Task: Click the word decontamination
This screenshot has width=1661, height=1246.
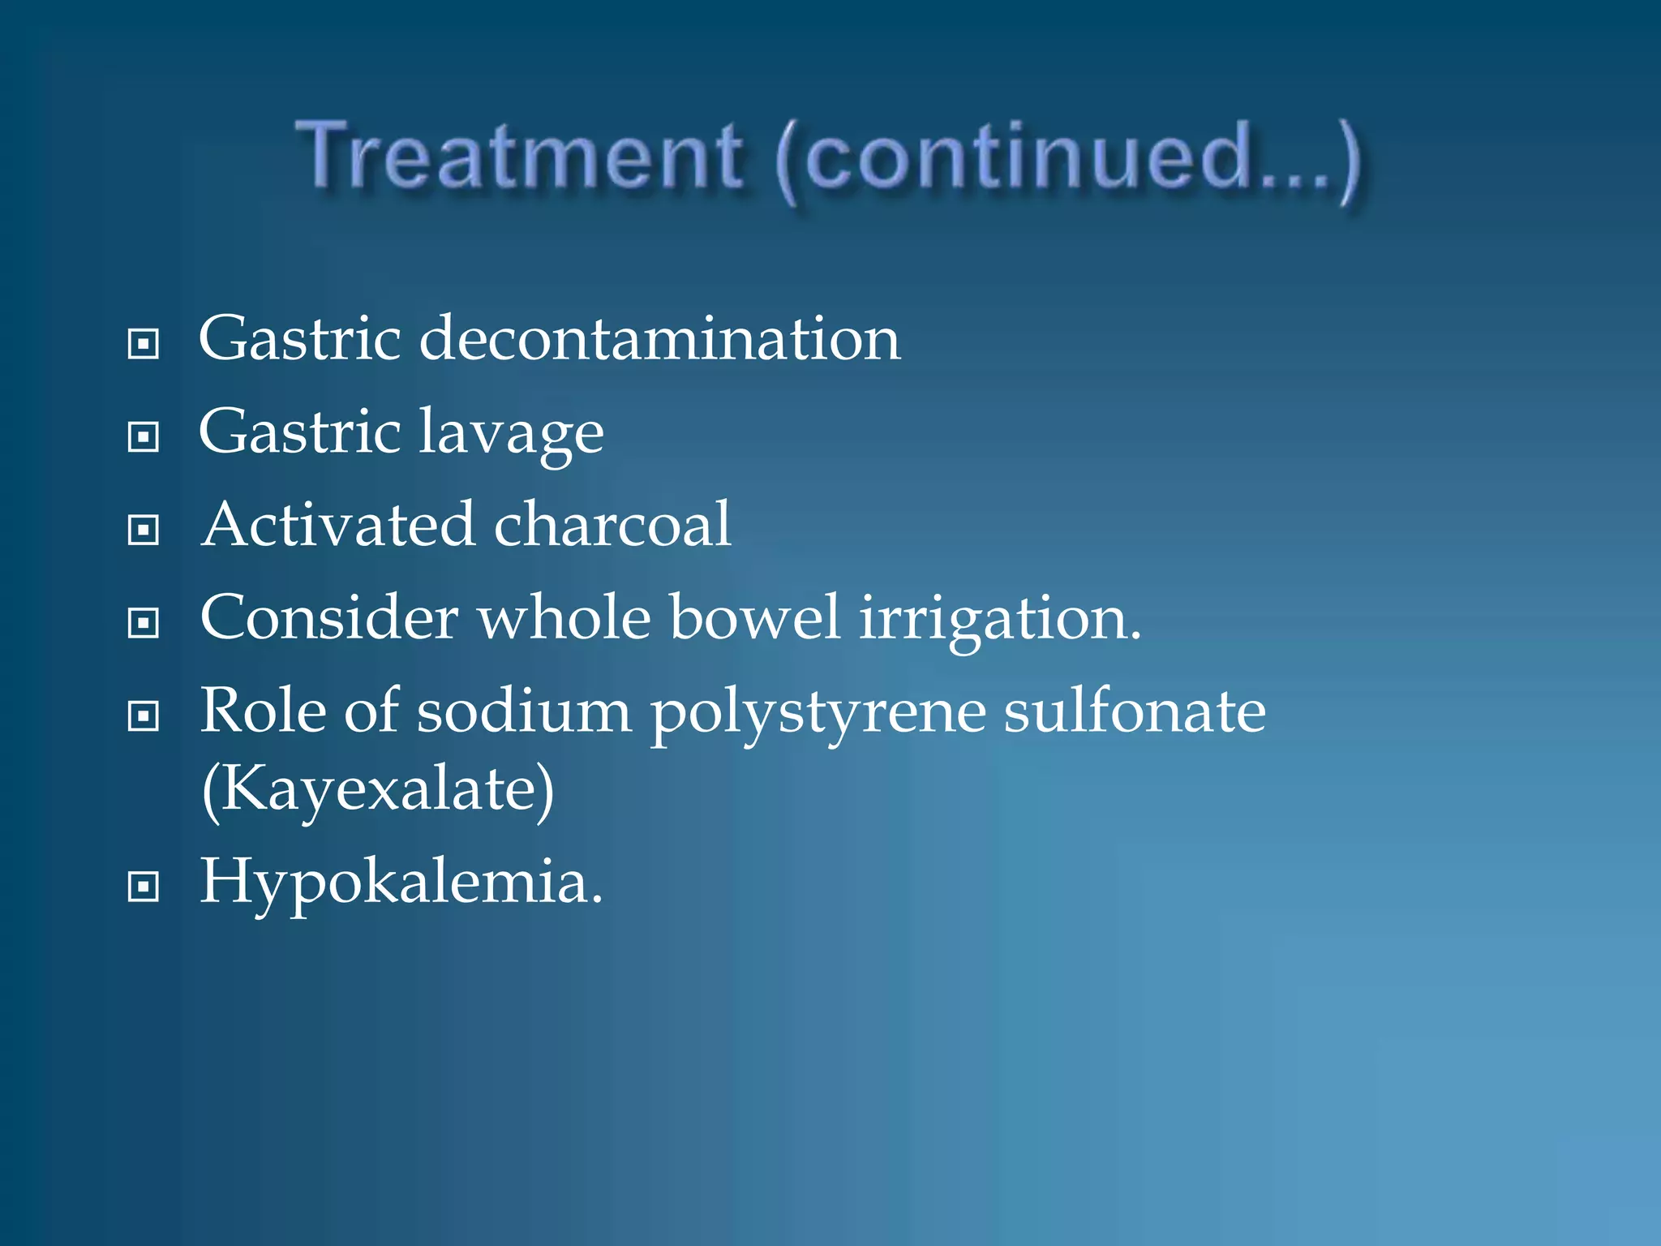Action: [x=659, y=338]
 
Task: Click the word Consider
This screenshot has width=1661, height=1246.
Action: [x=329, y=617]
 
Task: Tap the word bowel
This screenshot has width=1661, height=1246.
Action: [x=754, y=617]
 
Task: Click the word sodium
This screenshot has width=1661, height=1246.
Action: [x=524, y=711]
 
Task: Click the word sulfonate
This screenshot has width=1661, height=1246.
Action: [x=1134, y=711]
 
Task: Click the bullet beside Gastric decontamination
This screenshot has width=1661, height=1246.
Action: [x=144, y=344]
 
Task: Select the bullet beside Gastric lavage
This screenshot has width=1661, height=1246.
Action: [x=144, y=437]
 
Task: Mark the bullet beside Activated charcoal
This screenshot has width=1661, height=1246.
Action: [x=144, y=531]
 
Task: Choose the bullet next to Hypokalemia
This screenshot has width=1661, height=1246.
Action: [x=144, y=887]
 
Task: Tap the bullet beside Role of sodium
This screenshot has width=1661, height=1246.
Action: [x=144, y=716]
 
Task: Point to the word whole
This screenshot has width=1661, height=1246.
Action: [x=564, y=617]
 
